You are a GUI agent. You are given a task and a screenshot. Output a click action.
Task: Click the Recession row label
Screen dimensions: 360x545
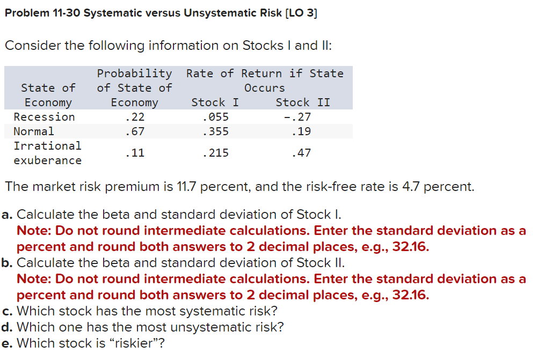(44, 117)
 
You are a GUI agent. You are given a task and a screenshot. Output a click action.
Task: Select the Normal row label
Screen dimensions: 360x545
(34, 131)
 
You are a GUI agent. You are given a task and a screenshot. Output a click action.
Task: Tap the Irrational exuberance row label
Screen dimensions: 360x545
(47, 153)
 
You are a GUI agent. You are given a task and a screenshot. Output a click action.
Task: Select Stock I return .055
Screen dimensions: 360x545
(215, 117)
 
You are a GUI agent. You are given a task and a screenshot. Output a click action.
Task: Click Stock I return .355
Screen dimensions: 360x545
(215, 131)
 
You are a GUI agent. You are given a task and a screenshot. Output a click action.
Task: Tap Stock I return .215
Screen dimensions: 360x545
(215, 153)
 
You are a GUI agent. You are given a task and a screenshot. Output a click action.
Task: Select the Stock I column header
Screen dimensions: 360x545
(215, 102)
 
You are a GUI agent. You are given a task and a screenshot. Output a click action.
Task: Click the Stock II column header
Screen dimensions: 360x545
(303, 102)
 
